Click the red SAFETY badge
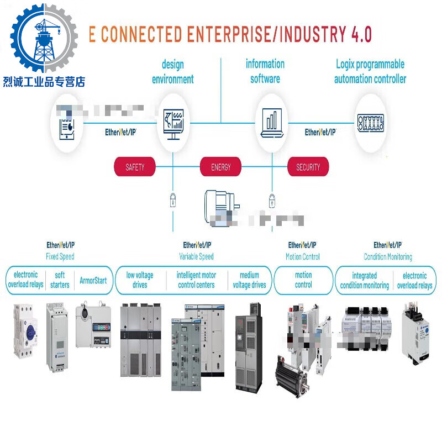click(135, 167)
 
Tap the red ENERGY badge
click(220, 167)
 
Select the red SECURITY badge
click(308, 167)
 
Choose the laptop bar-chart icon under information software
click(271, 122)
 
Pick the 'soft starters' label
click(60, 280)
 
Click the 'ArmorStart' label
click(93, 280)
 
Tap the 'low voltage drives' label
click(140, 280)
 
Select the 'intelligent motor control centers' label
click(196, 280)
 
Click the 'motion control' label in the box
click(303, 280)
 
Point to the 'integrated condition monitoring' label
click(364, 280)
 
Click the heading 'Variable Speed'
click(196, 256)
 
